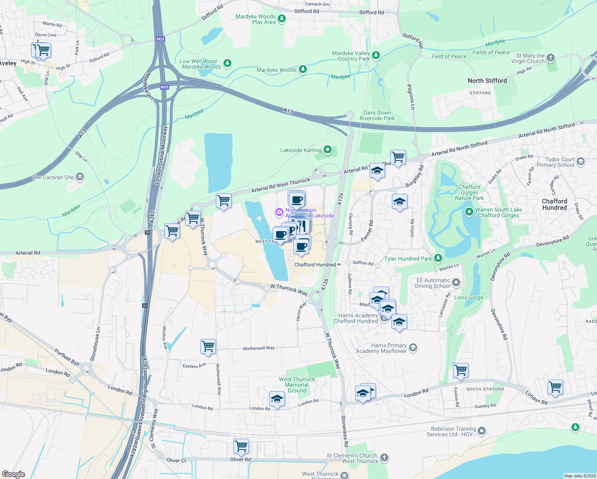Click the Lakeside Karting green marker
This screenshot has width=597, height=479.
pyautogui.click(x=328, y=150)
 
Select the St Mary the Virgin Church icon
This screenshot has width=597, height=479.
pyautogui.click(x=551, y=58)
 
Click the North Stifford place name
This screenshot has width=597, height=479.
pyautogui.click(x=487, y=81)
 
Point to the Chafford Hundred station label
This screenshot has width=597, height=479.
pyautogui.click(x=315, y=265)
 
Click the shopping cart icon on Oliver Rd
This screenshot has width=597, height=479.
pyautogui.click(x=241, y=446)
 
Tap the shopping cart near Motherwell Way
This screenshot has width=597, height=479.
pyautogui.click(x=208, y=346)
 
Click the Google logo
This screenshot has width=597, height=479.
pyautogui.click(x=14, y=474)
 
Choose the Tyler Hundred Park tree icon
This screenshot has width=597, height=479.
pyautogui.click(x=438, y=258)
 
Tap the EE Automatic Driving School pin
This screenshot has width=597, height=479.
pyautogui.click(x=456, y=283)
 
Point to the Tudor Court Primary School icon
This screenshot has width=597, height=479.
pyautogui.click(x=581, y=161)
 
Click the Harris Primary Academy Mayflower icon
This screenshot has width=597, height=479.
pyautogui.click(x=413, y=348)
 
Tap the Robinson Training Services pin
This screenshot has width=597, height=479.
pyautogui.click(x=482, y=431)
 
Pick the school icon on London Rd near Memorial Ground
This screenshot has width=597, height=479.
pyautogui.click(x=277, y=399)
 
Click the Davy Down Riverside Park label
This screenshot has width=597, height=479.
pyautogui.click(x=377, y=115)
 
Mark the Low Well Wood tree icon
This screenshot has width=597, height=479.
pyautogui.click(x=227, y=63)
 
